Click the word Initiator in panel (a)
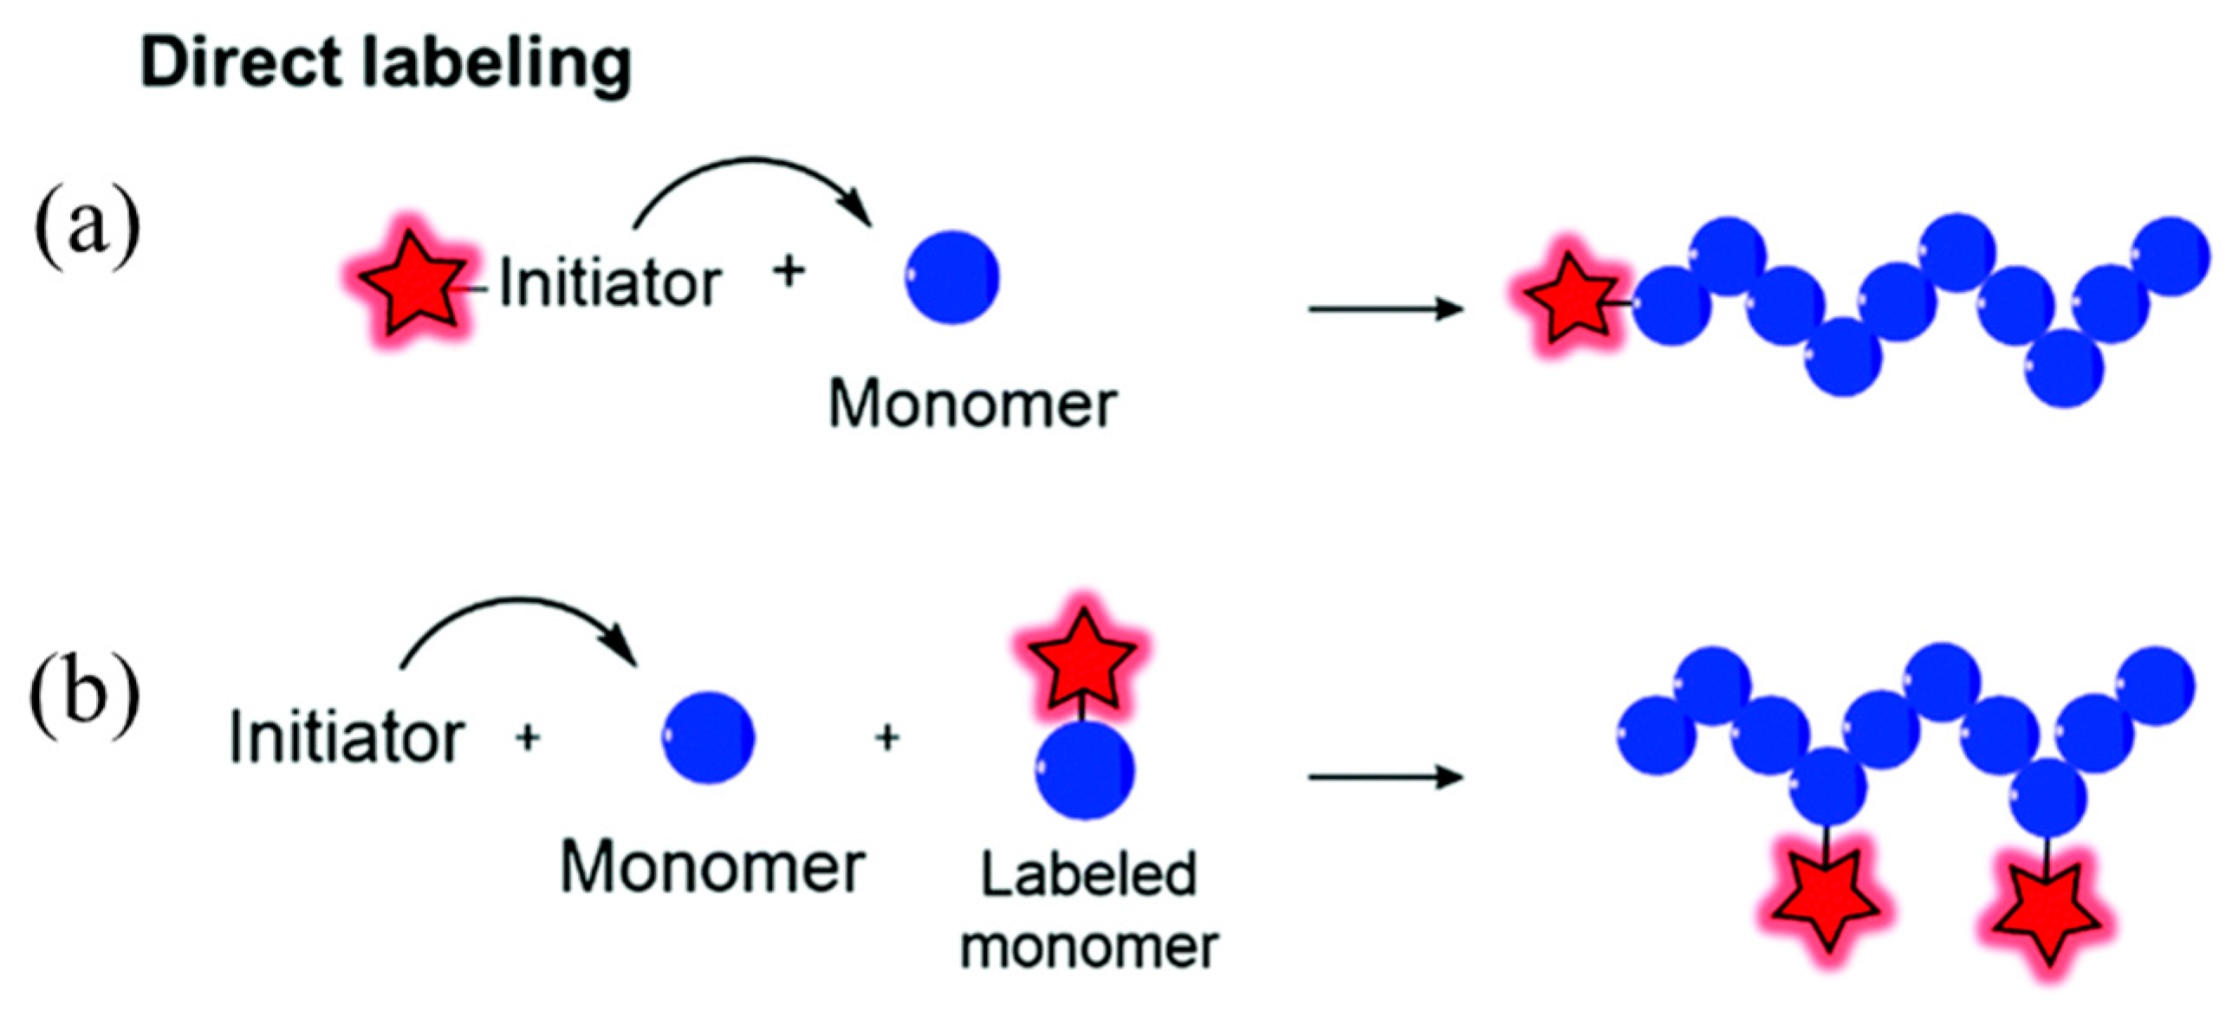(x=610, y=283)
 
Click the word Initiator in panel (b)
(x=346, y=739)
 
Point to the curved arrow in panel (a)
(x=753, y=178)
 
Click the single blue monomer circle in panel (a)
(x=951, y=277)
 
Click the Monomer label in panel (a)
(x=971, y=405)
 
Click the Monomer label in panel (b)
(x=711, y=867)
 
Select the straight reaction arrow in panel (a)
(x=1386, y=308)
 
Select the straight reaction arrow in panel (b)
(x=1386, y=776)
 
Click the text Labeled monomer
(x=1088, y=910)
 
